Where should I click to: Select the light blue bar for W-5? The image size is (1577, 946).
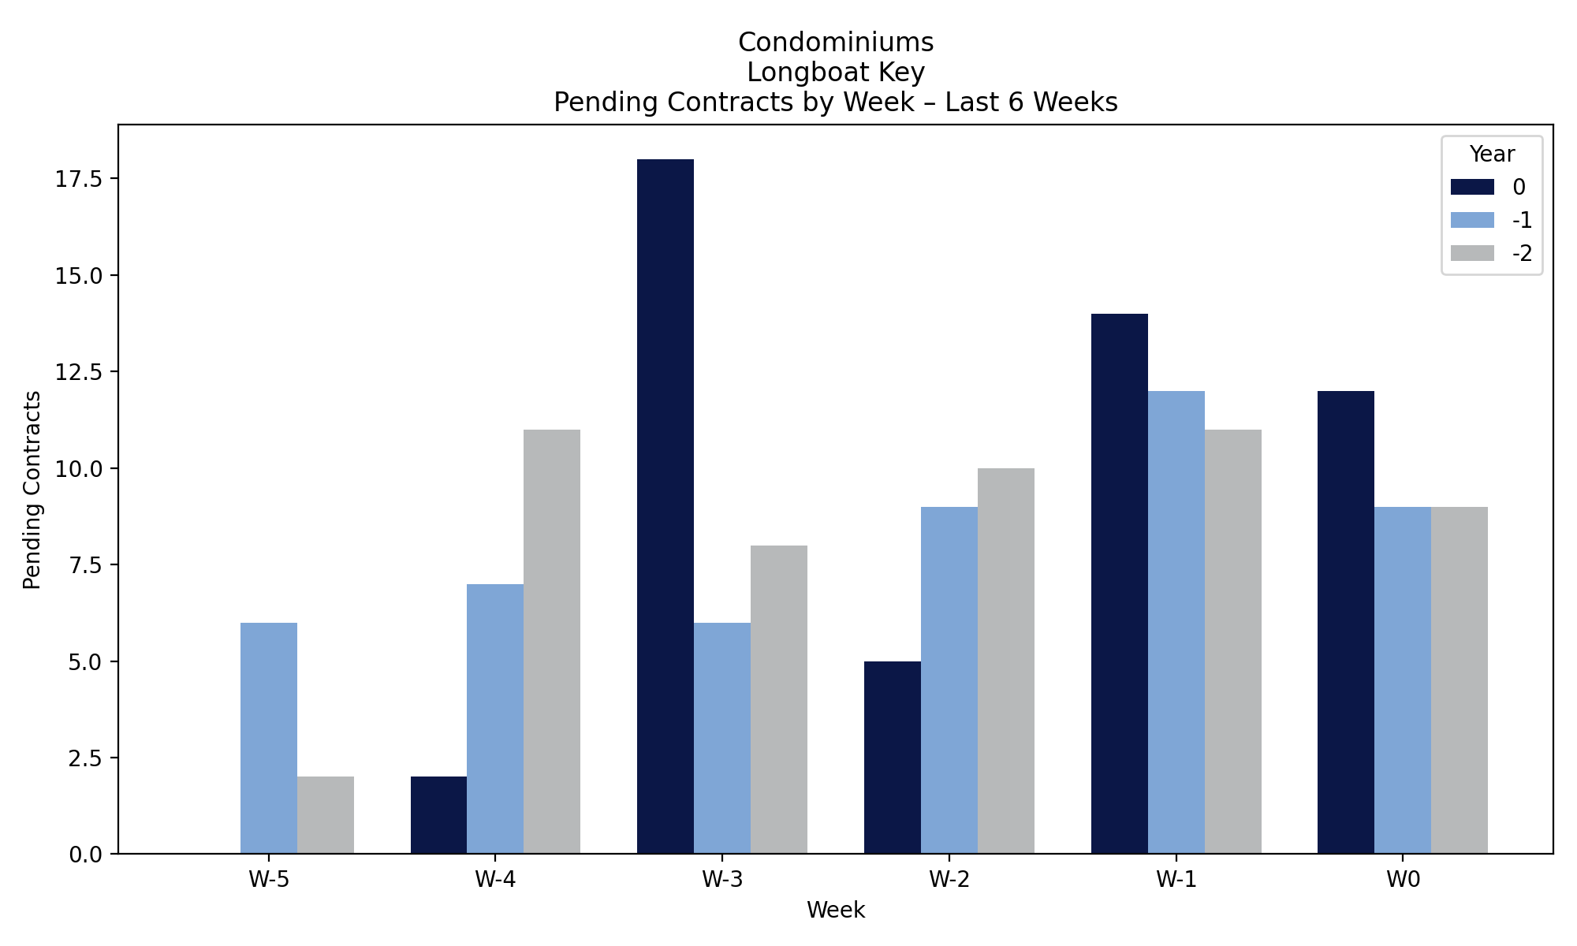pos(269,738)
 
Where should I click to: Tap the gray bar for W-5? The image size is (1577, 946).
pos(326,815)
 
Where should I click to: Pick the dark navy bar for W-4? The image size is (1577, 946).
pos(438,815)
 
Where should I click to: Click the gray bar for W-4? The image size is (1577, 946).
pos(552,641)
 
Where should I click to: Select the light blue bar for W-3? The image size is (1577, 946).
pos(722,738)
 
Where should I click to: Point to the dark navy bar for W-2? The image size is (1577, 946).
pos(893,757)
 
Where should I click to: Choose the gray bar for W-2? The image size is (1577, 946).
pos(1006,661)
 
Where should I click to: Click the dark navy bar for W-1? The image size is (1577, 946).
pos(1120,583)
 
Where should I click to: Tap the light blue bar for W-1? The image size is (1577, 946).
pos(1176,622)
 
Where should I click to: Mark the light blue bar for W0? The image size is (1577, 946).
pos(1403,680)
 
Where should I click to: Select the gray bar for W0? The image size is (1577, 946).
pos(1460,680)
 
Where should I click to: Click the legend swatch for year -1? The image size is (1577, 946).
pos(1472,220)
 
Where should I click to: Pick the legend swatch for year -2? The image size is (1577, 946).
pos(1472,253)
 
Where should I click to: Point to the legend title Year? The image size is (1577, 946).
pos(1492,154)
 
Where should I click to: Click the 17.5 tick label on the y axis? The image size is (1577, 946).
pos(79,179)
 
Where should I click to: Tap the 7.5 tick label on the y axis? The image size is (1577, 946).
pos(85,565)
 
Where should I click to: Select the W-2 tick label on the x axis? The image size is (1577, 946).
pos(949,881)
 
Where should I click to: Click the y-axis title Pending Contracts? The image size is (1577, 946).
pos(32,490)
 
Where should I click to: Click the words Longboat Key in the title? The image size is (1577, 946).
pos(836,73)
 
